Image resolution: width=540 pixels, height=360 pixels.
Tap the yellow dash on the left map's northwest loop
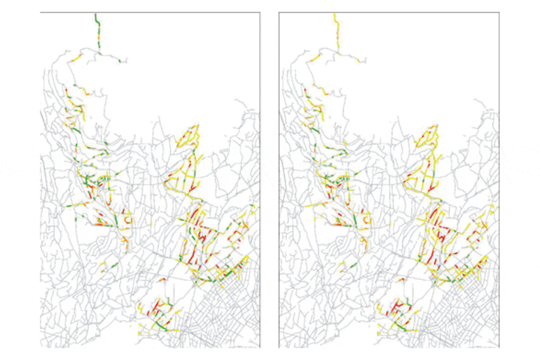[x=76, y=58]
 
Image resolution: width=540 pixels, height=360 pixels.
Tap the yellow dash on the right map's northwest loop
[x=315, y=58]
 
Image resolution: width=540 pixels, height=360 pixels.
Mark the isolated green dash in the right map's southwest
[x=353, y=265]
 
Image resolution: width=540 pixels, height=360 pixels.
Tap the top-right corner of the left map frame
[x=260, y=12]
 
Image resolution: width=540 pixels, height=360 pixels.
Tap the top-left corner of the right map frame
[x=279, y=12]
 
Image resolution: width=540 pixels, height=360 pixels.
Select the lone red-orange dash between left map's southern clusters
[x=161, y=280]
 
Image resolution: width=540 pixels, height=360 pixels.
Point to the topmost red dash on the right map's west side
[x=305, y=91]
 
